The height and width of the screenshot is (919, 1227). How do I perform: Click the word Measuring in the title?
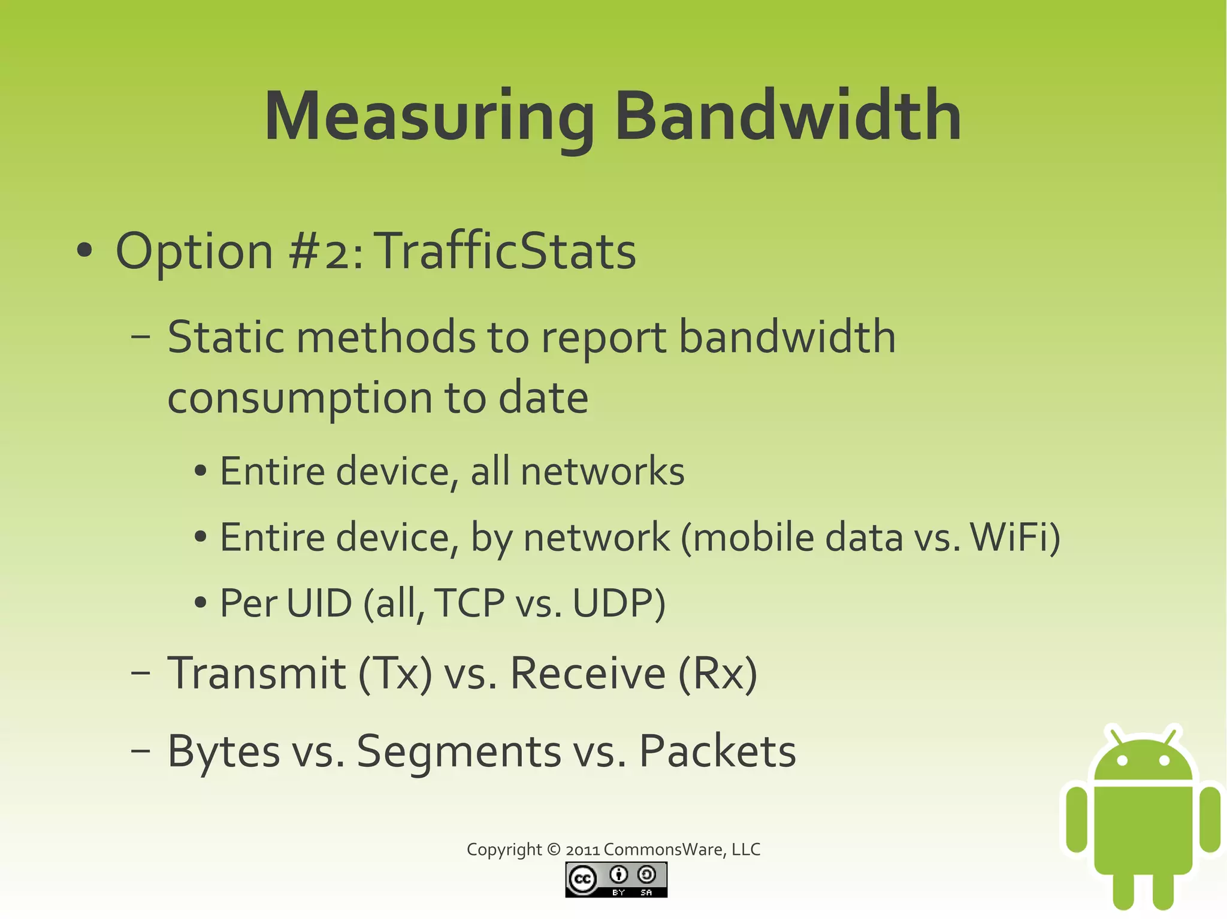pos(429,117)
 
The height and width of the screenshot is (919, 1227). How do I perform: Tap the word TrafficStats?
pos(506,251)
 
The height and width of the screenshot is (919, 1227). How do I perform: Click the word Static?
pos(225,337)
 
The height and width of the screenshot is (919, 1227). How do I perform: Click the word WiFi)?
pos(1015,537)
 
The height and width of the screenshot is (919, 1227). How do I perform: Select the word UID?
pos(319,603)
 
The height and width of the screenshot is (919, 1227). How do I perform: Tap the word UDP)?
pos(619,603)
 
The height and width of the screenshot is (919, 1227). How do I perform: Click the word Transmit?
pos(256,674)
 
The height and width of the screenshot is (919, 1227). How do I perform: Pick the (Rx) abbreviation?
pos(718,674)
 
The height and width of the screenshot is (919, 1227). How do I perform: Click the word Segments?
pos(458,751)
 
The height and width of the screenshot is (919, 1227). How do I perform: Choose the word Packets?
pos(717,751)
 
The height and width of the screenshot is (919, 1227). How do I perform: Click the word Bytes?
pos(223,751)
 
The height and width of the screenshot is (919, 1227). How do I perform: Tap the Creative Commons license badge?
pos(616,879)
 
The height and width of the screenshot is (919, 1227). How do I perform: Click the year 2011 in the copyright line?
pos(582,850)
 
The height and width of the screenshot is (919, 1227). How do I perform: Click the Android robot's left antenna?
pos(1115,735)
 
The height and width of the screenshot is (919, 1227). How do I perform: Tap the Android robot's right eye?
pos(1164,760)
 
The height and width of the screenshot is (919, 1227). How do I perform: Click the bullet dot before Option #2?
pos(84,251)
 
